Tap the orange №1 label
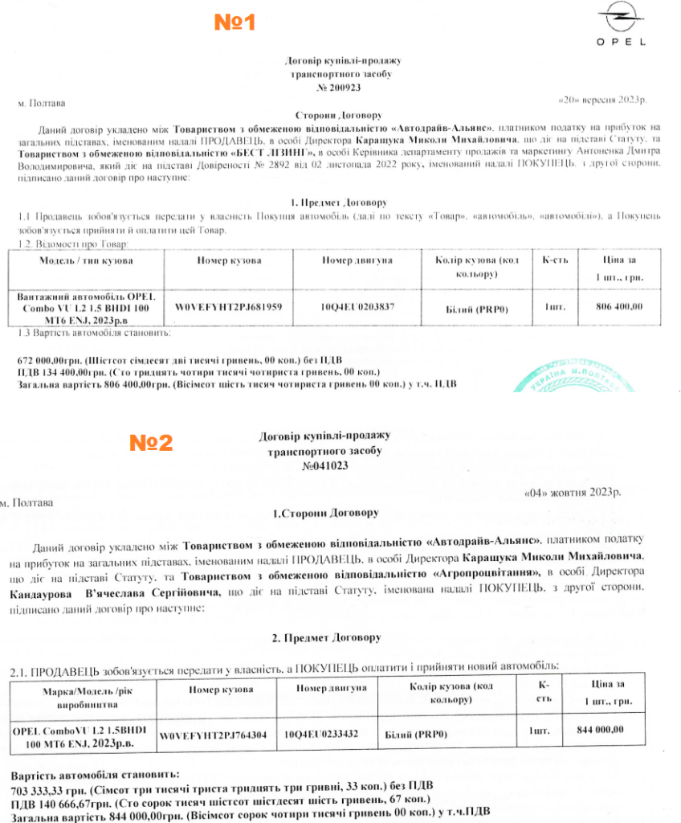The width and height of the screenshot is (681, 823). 234,23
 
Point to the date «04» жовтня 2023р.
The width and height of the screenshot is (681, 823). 571,492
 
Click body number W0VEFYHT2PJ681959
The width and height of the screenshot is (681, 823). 228,308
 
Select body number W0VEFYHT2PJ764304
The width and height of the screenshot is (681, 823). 213,735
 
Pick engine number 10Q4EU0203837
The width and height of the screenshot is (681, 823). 357,308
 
